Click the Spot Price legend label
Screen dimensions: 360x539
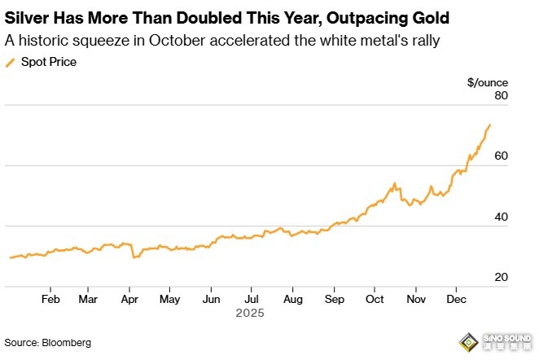pos(49,62)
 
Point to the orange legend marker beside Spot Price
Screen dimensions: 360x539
pos(10,62)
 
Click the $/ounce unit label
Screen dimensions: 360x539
pos(488,81)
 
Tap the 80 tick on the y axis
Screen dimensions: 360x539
pos(501,96)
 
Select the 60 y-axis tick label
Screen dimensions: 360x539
pos(501,156)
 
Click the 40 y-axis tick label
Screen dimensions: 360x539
pos(501,217)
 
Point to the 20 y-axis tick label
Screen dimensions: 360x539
pos(501,278)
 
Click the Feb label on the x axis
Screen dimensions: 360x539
pos(50,298)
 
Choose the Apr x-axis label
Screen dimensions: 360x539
pos(129,298)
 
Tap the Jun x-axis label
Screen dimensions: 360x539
pos(210,298)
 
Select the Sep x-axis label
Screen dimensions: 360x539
pos(333,298)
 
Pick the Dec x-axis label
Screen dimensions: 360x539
pos(456,298)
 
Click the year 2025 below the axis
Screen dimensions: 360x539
pos(250,312)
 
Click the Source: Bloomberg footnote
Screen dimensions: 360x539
pos(47,343)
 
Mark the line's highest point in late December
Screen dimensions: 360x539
pos(489,125)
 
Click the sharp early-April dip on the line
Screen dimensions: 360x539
pos(133,257)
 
